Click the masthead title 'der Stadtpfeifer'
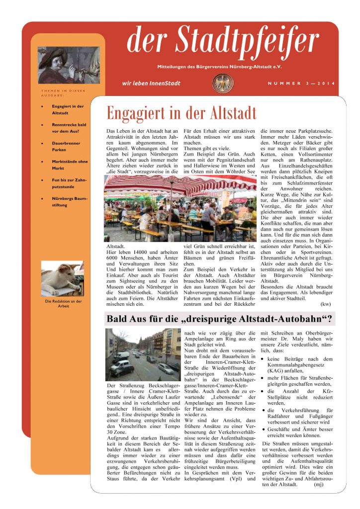click(x=222, y=42)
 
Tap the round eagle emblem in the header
click(x=222, y=84)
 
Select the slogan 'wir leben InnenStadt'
click(x=151, y=84)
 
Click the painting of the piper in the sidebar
click(x=69, y=65)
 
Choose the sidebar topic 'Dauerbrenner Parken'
click(x=66, y=146)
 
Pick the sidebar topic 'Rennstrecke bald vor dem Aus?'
click(x=69, y=128)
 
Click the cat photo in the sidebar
click(x=62, y=279)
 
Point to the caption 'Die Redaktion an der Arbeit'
click(x=63, y=303)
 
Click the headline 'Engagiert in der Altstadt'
click(x=181, y=113)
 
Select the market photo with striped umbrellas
click(x=180, y=208)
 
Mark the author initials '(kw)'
click(x=326, y=304)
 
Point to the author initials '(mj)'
click(x=319, y=484)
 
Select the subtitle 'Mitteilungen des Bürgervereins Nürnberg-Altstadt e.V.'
click(x=222, y=67)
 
